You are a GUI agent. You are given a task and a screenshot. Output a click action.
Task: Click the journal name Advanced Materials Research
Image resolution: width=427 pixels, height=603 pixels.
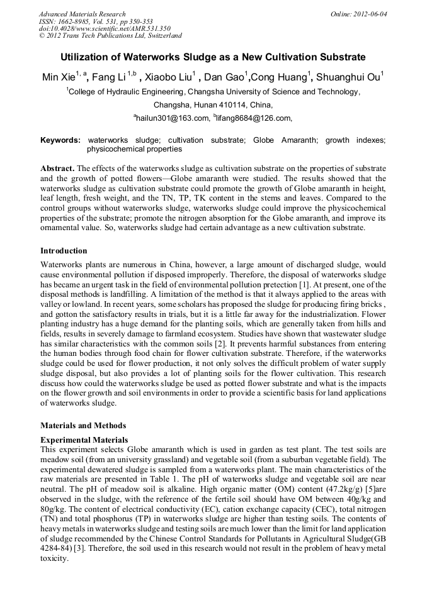pos(82,13)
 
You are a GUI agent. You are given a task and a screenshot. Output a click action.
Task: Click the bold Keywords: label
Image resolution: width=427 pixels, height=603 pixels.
pos(60,140)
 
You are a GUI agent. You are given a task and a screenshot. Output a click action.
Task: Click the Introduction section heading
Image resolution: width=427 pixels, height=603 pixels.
pos(64,250)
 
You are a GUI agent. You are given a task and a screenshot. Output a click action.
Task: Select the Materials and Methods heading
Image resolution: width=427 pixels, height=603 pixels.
pos(83,425)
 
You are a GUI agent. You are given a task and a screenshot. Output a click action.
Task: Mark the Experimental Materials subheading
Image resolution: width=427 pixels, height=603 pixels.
pos(84,440)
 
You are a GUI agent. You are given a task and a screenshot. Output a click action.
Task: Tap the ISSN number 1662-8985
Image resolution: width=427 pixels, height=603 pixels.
pos(77,21)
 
